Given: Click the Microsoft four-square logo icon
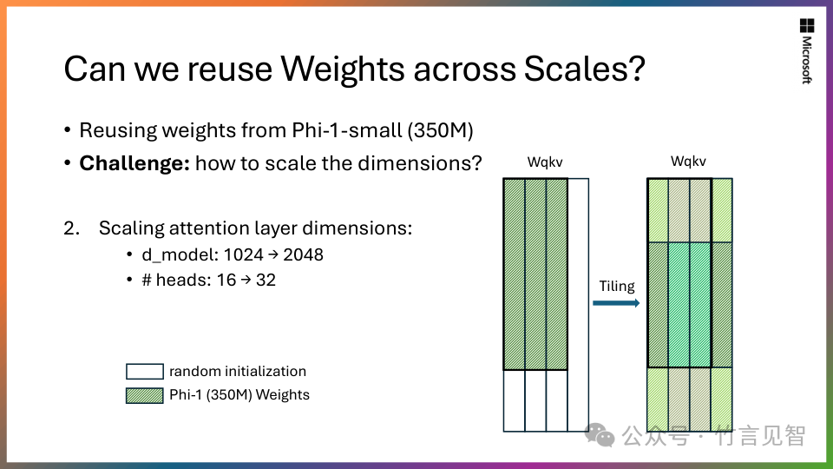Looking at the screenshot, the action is (x=806, y=25).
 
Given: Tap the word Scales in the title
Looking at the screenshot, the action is (x=584, y=69).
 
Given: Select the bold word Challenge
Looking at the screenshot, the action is (x=134, y=163).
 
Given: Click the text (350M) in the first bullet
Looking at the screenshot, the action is (x=441, y=130).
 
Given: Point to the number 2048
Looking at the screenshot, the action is (x=303, y=255).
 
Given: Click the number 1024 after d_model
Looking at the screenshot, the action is (x=243, y=255).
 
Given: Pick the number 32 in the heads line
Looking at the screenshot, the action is (x=266, y=281).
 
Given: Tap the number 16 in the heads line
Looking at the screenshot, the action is (x=226, y=281).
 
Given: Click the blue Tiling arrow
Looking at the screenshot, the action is (x=616, y=303).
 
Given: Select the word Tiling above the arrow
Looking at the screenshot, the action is (x=617, y=286).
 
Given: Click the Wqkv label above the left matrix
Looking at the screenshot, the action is (x=545, y=162).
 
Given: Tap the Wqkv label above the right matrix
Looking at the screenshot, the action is (x=688, y=162).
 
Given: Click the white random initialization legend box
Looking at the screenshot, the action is (x=145, y=371).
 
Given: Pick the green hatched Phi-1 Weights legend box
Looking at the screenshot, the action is (x=145, y=396).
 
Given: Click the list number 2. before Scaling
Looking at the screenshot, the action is (x=72, y=228).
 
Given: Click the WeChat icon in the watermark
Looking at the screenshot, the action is (x=600, y=435).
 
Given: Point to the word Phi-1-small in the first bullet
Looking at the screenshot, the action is (x=347, y=130).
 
